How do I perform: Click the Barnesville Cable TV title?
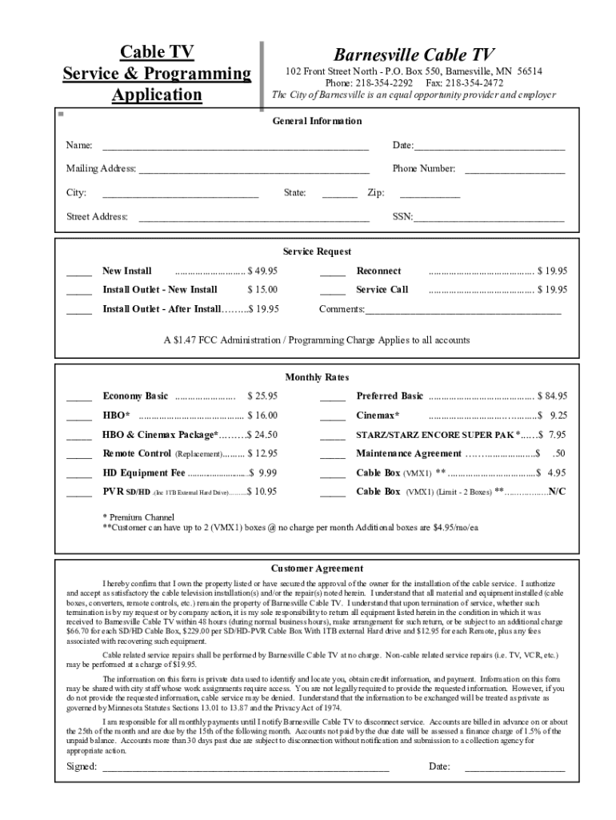pyautogui.click(x=414, y=54)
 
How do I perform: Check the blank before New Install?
pyautogui.click(x=78, y=272)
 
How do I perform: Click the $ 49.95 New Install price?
pyautogui.click(x=262, y=271)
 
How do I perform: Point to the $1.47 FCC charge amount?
pyautogui.click(x=183, y=340)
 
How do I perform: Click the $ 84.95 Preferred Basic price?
pyautogui.click(x=552, y=396)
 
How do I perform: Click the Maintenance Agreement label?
pyautogui.click(x=408, y=454)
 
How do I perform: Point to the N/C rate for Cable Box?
pyautogui.click(x=557, y=492)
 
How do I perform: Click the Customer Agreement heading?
pyautogui.click(x=317, y=569)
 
